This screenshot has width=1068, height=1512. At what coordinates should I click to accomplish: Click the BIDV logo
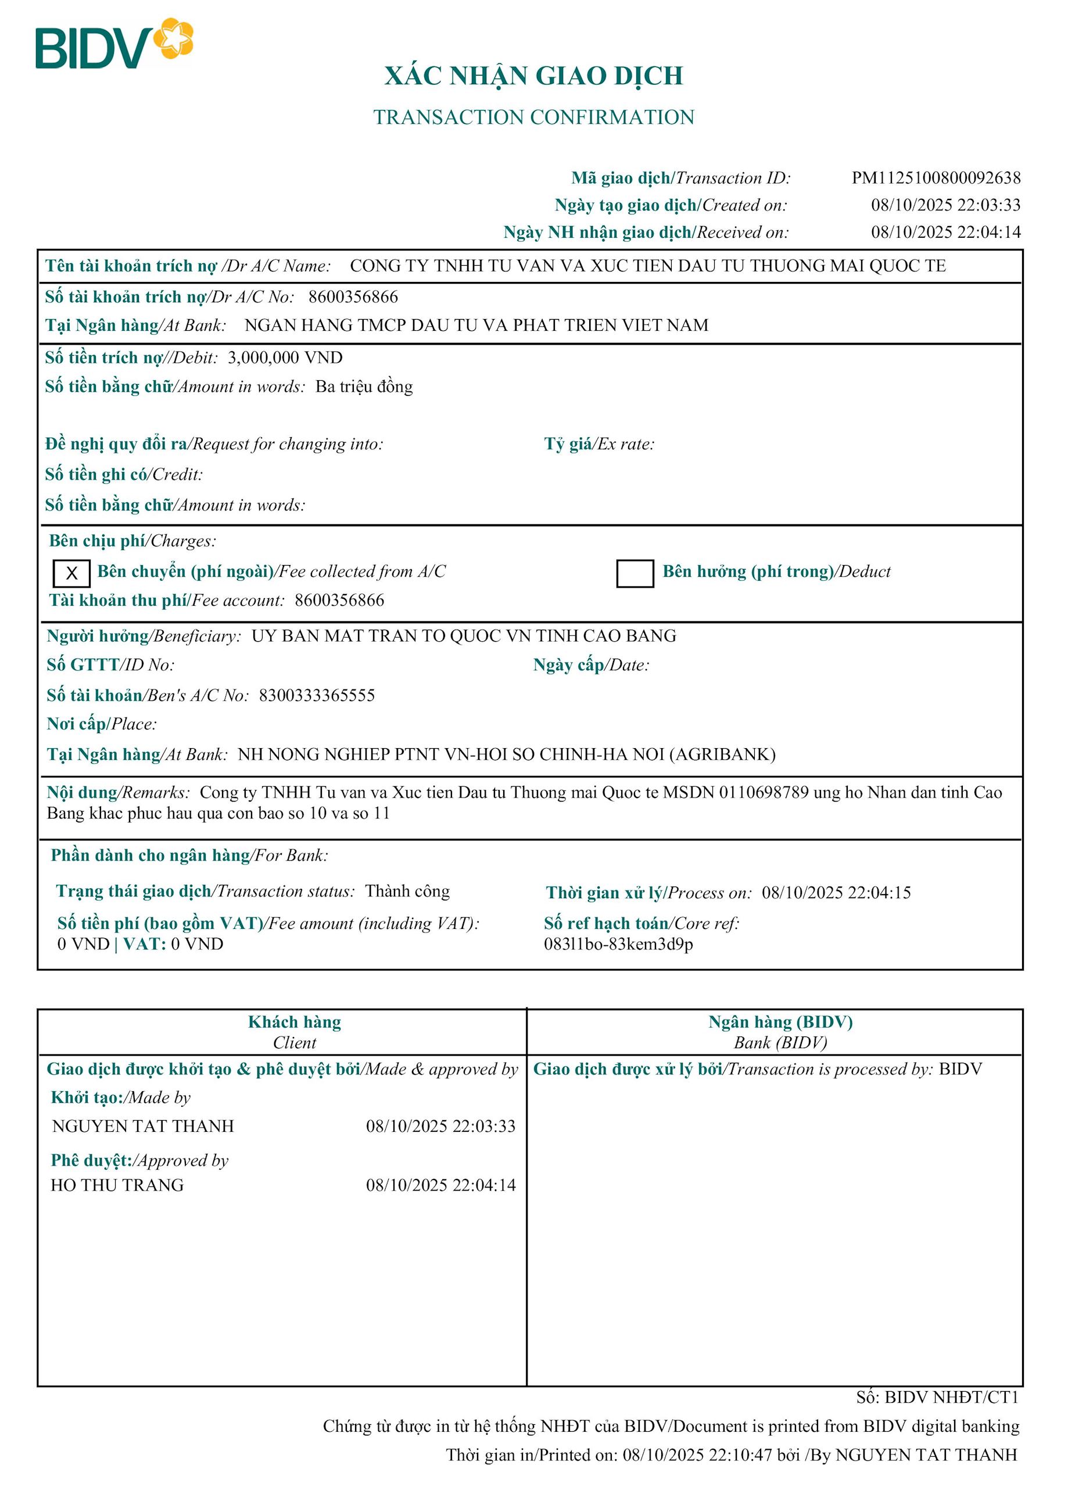[114, 44]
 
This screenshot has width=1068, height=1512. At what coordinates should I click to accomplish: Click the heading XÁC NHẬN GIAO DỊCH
[533, 76]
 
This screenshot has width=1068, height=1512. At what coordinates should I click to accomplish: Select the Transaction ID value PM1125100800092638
[936, 178]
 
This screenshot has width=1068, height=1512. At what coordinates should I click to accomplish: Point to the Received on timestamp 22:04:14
[989, 233]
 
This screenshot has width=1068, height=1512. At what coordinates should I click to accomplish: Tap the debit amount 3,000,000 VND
[285, 358]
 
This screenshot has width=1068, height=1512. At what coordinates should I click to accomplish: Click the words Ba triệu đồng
[364, 387]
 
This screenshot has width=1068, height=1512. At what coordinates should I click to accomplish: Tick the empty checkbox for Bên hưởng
[635, 573]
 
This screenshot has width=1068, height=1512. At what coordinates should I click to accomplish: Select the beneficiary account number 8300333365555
[317, 695]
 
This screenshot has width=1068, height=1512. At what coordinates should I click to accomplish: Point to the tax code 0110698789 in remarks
[764, 792]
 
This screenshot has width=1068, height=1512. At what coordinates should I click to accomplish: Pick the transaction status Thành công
[407, 891]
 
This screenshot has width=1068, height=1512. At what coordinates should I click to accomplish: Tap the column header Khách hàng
[295, 1022]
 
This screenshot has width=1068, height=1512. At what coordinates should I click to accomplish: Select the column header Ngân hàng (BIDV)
[780, 1022]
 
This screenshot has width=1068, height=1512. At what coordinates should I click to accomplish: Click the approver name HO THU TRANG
[117, 1185]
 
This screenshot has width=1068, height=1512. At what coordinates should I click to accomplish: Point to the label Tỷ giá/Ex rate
[599, 444]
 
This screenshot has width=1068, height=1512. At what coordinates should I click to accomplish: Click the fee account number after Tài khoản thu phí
[339, 600]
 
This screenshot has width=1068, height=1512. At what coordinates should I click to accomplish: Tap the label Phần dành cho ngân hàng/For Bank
[189, 856]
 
